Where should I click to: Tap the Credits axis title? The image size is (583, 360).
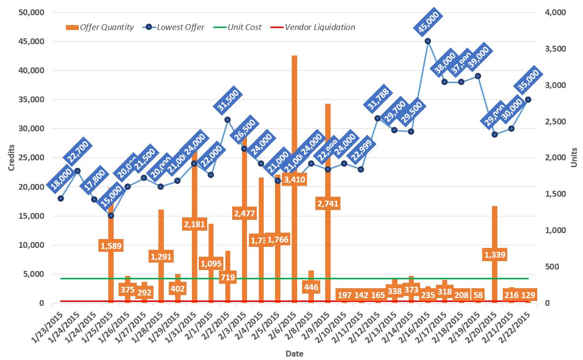[x=11, y=157]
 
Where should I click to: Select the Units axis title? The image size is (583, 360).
[x=574, y=157]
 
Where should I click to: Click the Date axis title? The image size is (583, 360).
[x=294, y=353]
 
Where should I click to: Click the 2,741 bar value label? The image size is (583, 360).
[x=328, y=204]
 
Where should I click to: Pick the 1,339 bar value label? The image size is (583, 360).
[x=495, y=255]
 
